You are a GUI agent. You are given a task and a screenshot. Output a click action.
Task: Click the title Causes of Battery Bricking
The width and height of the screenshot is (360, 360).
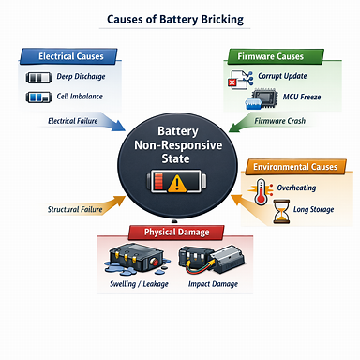180,19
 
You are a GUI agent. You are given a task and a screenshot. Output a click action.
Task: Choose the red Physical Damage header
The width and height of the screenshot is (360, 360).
182,232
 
